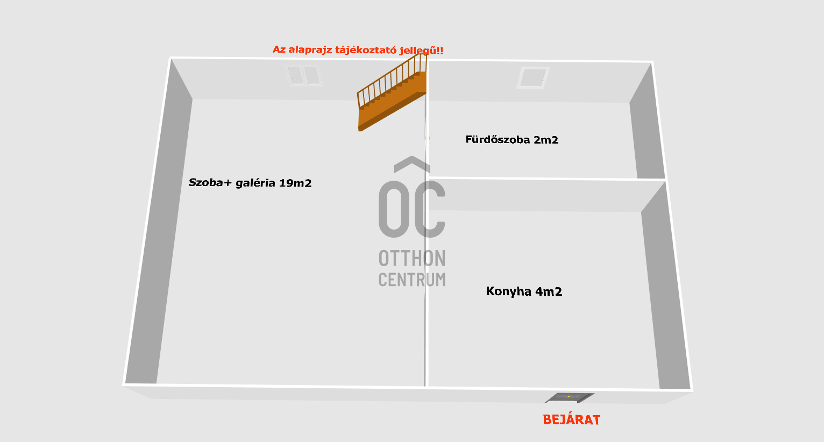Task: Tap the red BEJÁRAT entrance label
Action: [x=571, y=420]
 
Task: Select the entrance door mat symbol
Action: [x=569, y=398]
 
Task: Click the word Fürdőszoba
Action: [x=498, y=140]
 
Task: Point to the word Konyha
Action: [x=508, y=291]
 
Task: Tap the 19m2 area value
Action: [x=295, y=183]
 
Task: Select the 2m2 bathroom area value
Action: [x=546, y=140]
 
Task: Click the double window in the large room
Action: [x=303, y=75]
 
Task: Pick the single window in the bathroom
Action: [x=532, y=77]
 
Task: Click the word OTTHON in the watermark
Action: [x=412, y=259]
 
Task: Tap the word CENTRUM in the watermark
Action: [x=412, y=280]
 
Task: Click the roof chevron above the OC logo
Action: [x=412, y=163]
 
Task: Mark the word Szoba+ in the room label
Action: [x=210, y=182]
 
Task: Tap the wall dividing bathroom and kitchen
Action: [x=546, y=178]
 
